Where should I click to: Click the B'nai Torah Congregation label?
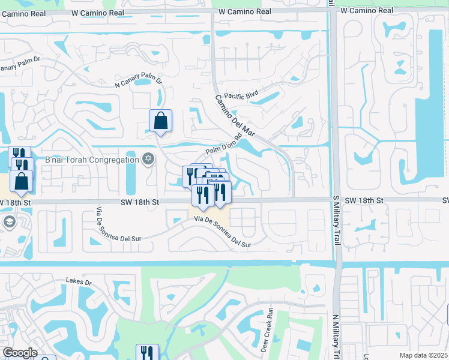pyautogui.click(x=92, y=160)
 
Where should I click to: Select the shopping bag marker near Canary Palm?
pyautogui.click(x=161, y=121)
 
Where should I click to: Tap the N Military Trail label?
pyautogui.click(x=336, y=336)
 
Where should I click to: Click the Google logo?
pyautogui.click(x=19, y=353)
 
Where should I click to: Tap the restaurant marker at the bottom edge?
pyautogui.click(x=147, y=353)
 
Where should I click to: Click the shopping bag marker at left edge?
pyautogui.click(x=21, y=182)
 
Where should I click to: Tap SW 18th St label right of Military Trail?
pyautogui.click(x=360, y=199)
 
